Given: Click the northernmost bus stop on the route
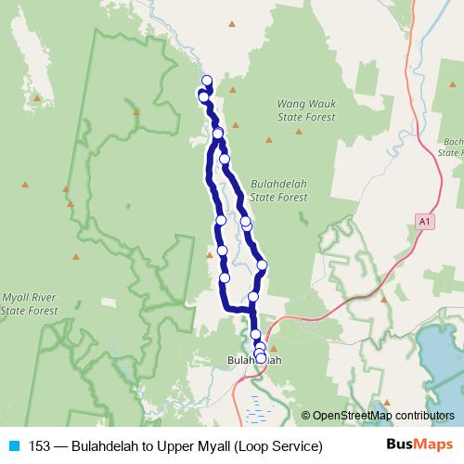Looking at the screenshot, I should pos(207,81).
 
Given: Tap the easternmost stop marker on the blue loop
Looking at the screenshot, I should pos(262,264).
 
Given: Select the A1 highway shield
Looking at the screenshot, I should pos(423,221).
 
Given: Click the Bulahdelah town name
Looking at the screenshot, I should pos(253,359).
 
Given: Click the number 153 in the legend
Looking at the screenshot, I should pos(40,446).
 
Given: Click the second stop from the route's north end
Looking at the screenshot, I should pos(203,97).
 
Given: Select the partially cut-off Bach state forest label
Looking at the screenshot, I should pos(453,147).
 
